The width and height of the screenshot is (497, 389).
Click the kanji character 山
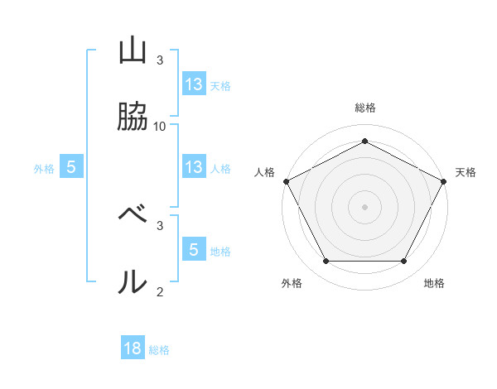click(133, 51)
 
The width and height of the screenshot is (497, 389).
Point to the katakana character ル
click(133, 281)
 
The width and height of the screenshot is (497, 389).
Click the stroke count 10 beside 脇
click(160, 126)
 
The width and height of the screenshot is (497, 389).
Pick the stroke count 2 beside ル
click(160, 291)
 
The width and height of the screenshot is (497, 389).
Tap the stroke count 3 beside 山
click(160, 60)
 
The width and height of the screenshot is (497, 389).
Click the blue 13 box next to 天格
click(194, 84)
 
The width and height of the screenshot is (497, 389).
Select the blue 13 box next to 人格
click(194, 167)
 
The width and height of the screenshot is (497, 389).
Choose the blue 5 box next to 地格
click(194, 249)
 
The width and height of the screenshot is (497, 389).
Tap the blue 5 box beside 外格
click(71, 167)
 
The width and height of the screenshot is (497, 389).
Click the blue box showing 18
click(133, 348)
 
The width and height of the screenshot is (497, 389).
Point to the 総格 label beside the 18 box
click(159, 350)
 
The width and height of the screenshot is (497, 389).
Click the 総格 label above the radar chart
click(364, 108)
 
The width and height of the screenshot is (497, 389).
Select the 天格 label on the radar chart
click(466, 172)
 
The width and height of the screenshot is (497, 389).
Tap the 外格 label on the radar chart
click(292, 284)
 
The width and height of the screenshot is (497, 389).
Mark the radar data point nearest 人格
click(286, 180)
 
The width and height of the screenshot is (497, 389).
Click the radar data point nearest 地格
click(404, 262)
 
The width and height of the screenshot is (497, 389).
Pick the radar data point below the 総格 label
click(364, 141)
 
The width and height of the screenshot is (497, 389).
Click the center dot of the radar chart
click(364, 206)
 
